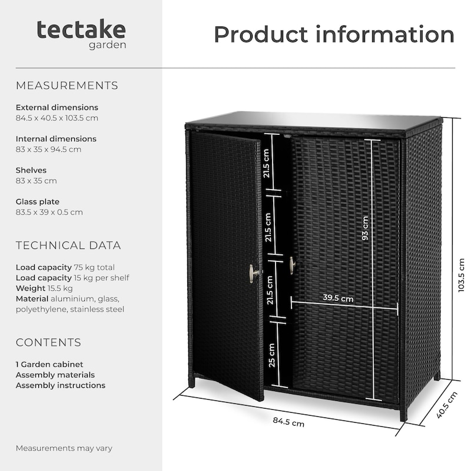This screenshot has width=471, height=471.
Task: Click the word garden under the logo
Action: click(107, 45)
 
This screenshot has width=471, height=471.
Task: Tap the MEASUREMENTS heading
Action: click(67, 85)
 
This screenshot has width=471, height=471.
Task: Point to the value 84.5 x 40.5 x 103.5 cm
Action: click(57, 118)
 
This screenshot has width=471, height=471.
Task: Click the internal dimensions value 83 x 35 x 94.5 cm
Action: click(49, 150)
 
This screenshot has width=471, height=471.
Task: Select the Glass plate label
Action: click(38, 201)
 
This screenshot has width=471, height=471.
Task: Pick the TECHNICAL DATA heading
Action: click(68, 246)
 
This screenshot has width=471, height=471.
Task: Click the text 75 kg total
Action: click(94, 267)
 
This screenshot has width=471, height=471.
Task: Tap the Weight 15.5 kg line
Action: click(44, 288)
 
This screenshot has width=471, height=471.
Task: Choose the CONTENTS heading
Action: click(48, 343)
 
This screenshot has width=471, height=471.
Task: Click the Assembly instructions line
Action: click(61, 386)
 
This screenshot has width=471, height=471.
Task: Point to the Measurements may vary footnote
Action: click(64, 448)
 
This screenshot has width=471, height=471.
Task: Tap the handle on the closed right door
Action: click(293, 266)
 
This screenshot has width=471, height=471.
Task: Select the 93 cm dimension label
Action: click(365, 228)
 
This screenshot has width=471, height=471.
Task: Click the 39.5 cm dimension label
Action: click(338, 298)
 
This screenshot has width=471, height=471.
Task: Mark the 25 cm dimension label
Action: click(271, 356)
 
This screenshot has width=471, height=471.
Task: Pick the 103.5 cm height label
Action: click(462, 275)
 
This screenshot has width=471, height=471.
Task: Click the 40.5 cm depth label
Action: click(447, 405)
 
